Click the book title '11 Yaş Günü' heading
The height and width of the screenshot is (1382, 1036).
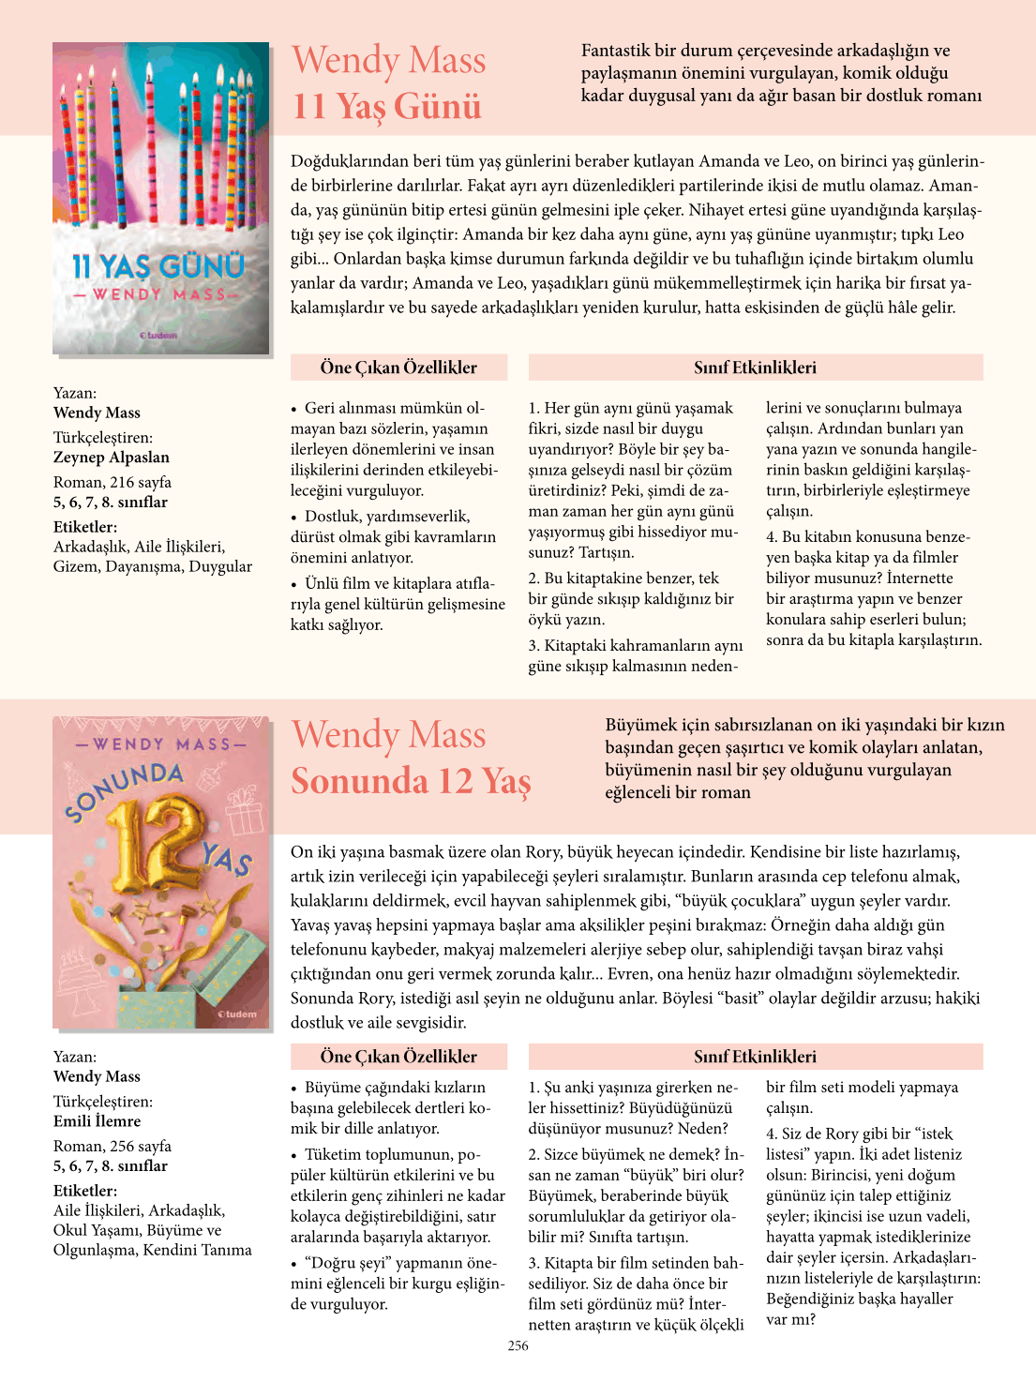point(386,106)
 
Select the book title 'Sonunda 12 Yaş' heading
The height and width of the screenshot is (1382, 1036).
point(411,781)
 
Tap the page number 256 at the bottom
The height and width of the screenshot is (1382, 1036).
point(518,1345)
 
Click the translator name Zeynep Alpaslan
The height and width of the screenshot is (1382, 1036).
point(112,458)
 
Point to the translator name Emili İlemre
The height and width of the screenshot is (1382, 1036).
point(98,1121)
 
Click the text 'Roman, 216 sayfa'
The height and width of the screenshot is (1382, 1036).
point(113,482)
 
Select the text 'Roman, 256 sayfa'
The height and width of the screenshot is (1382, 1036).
point(113,1146)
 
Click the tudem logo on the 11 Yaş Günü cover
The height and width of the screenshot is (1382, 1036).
point(158,335)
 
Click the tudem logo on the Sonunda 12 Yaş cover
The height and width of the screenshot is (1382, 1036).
point(237,1014)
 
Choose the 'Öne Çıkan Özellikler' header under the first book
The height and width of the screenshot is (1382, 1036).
point(398,368)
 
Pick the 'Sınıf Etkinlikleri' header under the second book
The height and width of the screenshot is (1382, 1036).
point(755,1057)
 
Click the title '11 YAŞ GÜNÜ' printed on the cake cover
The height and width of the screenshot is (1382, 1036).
point(158,267)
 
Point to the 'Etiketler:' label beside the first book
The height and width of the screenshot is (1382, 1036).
point(85,527)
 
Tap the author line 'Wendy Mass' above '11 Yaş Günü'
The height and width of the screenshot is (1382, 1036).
point(389,60)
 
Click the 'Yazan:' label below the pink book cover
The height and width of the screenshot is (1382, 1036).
point(75,1057)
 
